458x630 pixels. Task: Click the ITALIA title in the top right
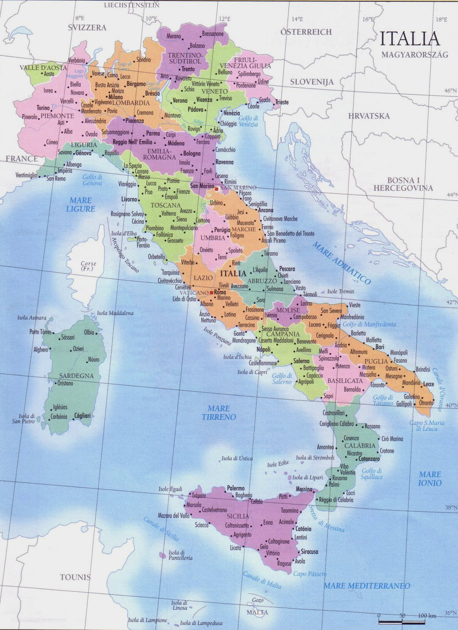click(x=410, y=39)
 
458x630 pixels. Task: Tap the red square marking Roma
click(x=212, y=293)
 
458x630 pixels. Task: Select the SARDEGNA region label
click(x=77, y=376)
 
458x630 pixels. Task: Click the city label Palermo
click(x=235, y=488)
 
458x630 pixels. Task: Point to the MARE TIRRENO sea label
click(x=219, y=413)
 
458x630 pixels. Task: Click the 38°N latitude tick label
click(x=450, y=507)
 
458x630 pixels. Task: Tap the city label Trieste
click(x=282, y=102)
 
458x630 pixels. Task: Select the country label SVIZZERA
click(x=87, y=28)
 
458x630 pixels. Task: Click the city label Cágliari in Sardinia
click(x=82, y=415)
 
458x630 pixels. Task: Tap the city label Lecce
click(x=428, y=384)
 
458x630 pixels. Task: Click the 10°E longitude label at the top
click(x=151, y=19)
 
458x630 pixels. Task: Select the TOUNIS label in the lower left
click(x=75, y=577)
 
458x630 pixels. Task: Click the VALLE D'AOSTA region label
click(x=43, y=68)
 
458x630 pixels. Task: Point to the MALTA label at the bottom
click(x=257, y=612)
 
